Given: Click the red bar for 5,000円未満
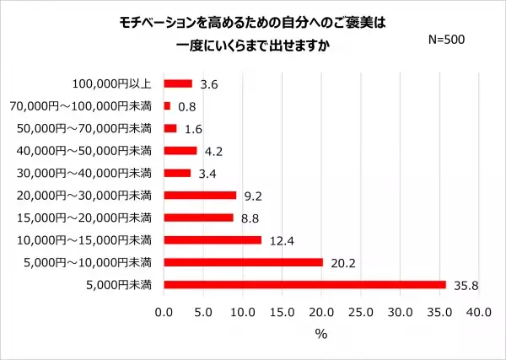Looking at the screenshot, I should (x=304, y=284).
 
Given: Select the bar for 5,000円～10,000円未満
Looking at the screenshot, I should (x=243, y=262).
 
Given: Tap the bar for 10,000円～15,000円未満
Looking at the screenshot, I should (x=213, y=239).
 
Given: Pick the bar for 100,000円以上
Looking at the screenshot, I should (x=178, y=83).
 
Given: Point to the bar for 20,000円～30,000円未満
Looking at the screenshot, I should (x=200, y=195).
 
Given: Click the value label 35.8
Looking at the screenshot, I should (x=465, y=285).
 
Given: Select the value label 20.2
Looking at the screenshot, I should (x=342, y=262).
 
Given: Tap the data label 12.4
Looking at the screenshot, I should (x=281, y=240).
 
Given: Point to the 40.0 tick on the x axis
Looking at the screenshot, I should (x=478, y=312).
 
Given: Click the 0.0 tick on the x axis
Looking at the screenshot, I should (x=164, y=312).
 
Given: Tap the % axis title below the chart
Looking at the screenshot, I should (x=320, y=333).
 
